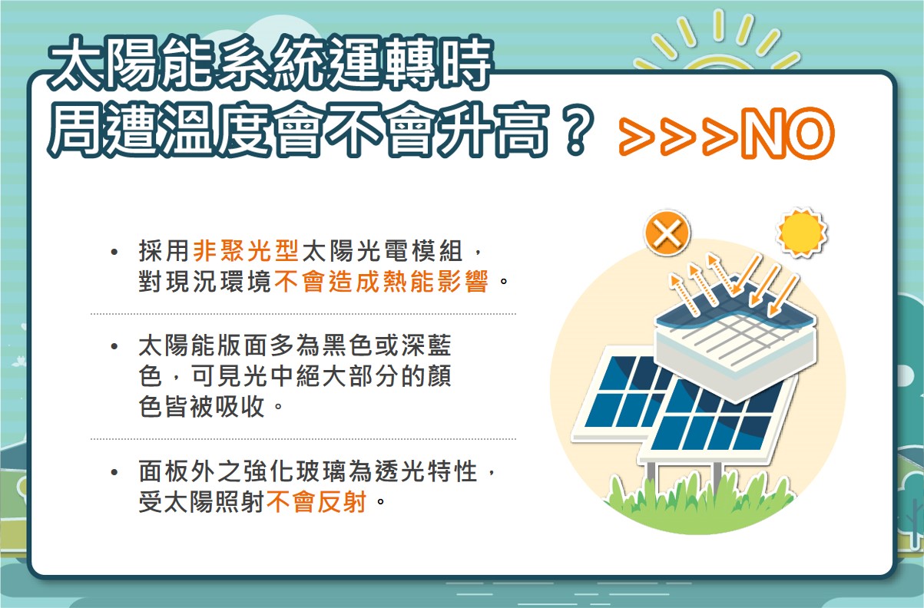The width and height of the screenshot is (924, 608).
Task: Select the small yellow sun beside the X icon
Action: [x=801, y=232]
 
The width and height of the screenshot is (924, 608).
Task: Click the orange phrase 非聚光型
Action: [x=246, y=250]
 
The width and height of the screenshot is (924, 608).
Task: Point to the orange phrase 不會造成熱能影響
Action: [x=382, y=282]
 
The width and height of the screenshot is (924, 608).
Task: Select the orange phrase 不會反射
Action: [x=316, y=501]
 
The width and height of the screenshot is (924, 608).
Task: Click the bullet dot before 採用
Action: [x=114, y=252]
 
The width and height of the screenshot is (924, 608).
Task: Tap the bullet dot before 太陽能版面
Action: [x=114, y=346]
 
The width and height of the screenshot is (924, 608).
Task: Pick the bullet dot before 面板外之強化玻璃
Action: [x=114, y=472]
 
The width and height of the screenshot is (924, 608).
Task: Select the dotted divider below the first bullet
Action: [x=303, y=314]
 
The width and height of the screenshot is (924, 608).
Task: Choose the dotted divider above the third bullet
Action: [x=303, y=439]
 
